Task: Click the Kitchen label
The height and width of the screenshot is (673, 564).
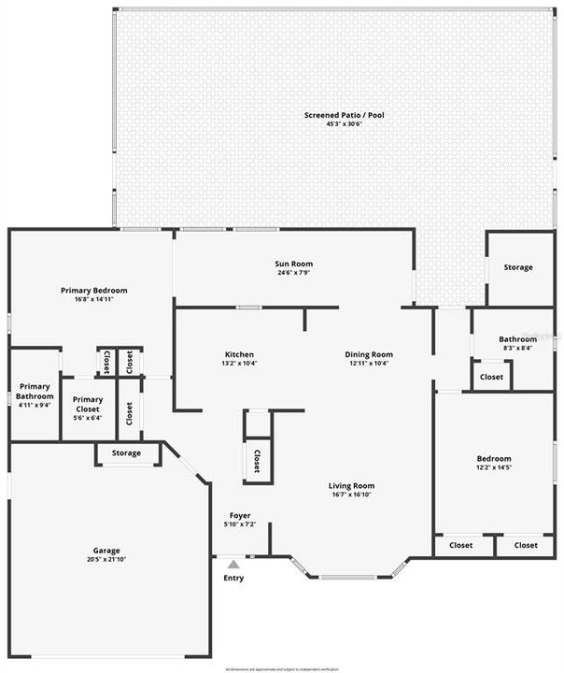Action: [239, 354]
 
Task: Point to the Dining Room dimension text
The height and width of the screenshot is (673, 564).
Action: [369, 364]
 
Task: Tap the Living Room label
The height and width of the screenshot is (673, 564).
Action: [351, 485]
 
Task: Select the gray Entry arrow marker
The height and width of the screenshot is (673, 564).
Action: [233, 564]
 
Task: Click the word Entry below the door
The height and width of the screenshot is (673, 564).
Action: [233, 578]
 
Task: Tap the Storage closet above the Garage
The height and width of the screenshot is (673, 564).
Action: [127, 453]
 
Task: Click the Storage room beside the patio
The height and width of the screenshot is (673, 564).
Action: [518, 267]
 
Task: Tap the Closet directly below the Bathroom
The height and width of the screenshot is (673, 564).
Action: [491, 377]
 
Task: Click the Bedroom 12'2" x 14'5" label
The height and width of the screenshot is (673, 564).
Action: [494, 463]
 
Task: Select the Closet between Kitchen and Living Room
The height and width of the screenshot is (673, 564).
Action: [257, 460]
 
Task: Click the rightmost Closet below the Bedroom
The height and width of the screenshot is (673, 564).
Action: [526, 545]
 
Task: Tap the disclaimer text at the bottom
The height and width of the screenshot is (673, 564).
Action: [282, 669]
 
